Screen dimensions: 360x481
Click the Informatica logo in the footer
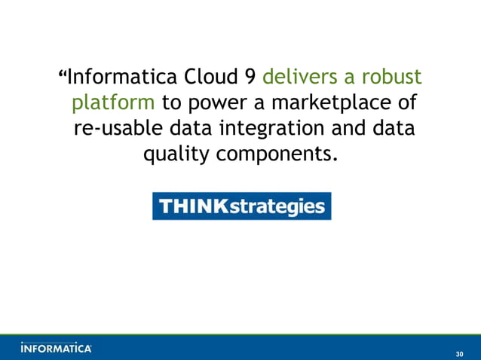click(57, 348)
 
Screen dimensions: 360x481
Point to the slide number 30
click(460, 353)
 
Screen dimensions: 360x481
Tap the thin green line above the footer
click(240, 334)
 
